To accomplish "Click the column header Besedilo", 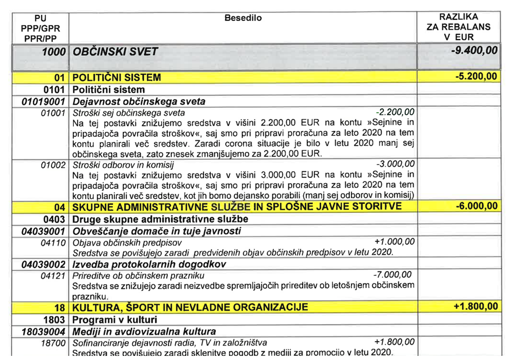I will point(243,18).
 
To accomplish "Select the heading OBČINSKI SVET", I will point(116,51).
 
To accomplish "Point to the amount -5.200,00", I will point(476,77).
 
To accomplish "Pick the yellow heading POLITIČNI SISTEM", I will point(117,78).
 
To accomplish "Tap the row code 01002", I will point(53,165).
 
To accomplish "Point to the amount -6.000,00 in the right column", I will point(476,206).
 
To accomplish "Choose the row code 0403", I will point(54,218).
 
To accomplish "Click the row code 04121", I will point(53,276).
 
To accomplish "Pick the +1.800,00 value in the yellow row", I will point(476,307).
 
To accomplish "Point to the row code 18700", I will point(53,342).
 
